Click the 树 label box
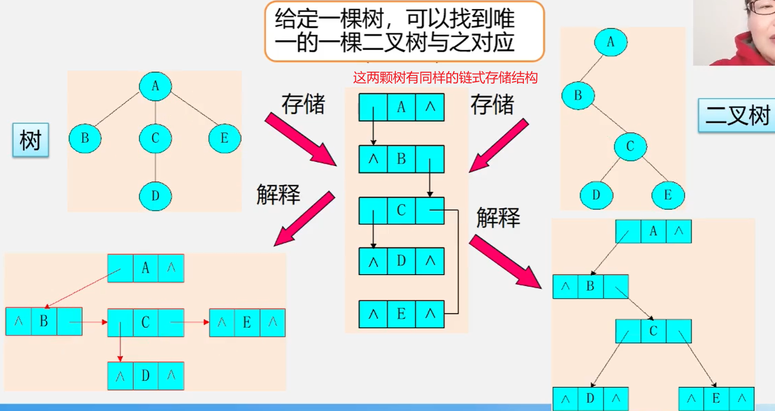point(31,140)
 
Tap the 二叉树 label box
point(737,115)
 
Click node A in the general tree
point(155,86)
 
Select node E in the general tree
point(225,139)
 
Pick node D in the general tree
point(155,196)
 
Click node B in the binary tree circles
point(578,95)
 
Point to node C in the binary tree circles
point(630,146)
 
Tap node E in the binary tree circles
point(668,195)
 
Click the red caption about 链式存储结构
point(445,79)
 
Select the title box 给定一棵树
point(404,31)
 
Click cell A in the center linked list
point(401,107)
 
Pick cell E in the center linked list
point(401,314)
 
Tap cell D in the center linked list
point(401,261)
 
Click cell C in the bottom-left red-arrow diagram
point(146,322)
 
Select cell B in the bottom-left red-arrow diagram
point(44,321)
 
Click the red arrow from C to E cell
point(191,322)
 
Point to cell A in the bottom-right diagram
point(653,231)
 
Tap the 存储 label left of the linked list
point(303,104)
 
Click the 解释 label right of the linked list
point(498,218)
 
